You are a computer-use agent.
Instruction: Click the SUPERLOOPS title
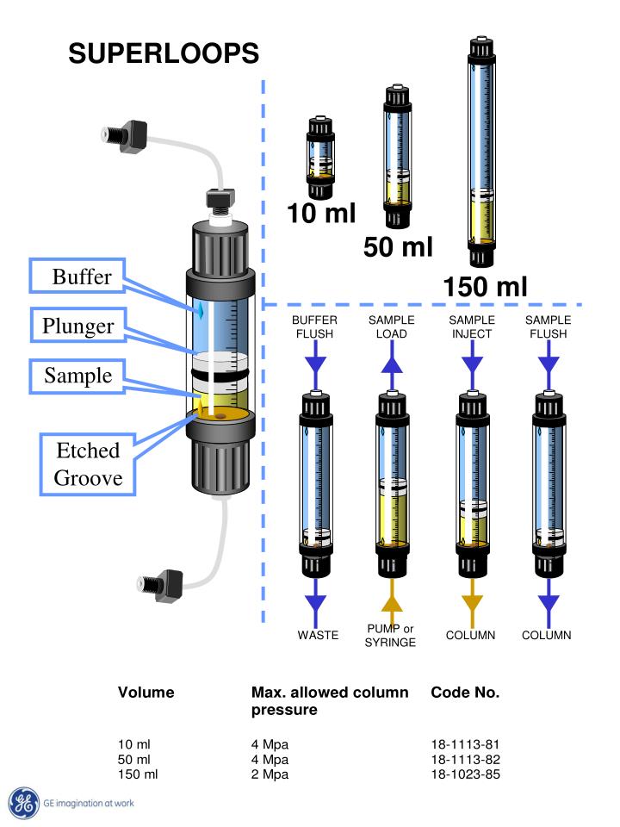tap(164, 53)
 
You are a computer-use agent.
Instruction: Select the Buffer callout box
tap(77, 276)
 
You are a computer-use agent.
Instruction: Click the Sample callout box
tap(77, 376)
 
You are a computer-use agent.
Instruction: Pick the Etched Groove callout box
tap(88, 464)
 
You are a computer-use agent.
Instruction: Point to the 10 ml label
tap(321, 213)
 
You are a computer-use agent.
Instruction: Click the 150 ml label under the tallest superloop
tap(485, 287)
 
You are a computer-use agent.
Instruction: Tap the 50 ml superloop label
tap(398, 247)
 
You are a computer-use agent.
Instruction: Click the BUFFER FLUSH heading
tap(315, 327)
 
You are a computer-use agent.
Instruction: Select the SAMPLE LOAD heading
tap(391, 327)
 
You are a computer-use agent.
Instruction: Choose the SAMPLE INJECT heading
tap(472, 327)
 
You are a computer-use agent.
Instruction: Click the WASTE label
tap(318, 635)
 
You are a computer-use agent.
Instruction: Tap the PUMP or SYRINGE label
tap(390, 636)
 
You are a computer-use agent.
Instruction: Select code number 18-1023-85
tap(466, 774)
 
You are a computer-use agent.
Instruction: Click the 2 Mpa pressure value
tap(270, 774)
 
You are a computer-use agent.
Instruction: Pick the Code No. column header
tap(465, 692)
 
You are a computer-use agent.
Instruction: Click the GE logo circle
tap(24, 803)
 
